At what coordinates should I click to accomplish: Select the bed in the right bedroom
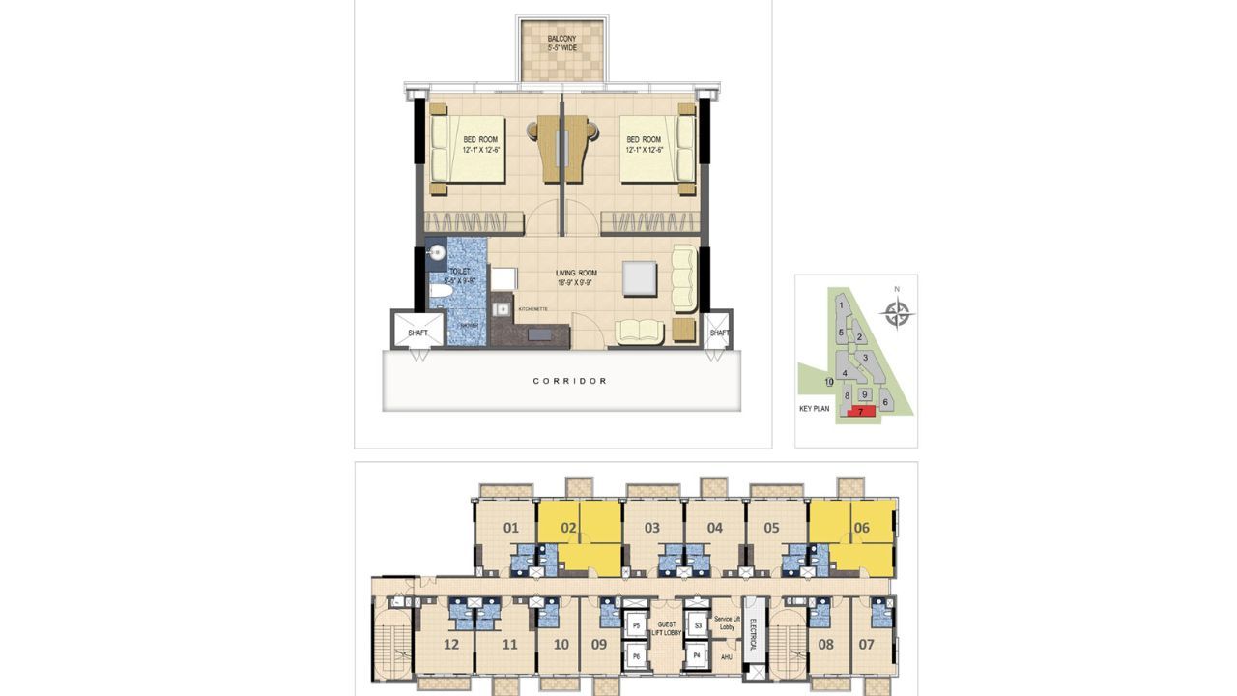click(x=657, y=149)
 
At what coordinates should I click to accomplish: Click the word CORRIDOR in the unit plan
click(x=570, y=381)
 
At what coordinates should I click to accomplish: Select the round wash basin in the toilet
click(x=436, y=254)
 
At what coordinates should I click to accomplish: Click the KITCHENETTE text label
click(x=532, y=309)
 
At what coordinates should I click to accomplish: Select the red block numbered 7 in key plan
click(x=860, y=412)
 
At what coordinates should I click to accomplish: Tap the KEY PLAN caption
click(x=815, y=409)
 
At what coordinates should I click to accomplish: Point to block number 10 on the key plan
click(x=829, y=383)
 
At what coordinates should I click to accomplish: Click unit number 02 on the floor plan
click(x=569, y=528)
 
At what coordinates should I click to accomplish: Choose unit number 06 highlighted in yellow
click(x=862, y=528)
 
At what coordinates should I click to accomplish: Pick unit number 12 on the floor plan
click(x=450, y=645)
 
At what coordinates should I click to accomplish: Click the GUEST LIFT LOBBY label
click(x=667, y=628)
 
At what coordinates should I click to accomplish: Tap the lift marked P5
click(x=635, y=626)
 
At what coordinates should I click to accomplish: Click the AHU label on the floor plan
click(x=726, y=657)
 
